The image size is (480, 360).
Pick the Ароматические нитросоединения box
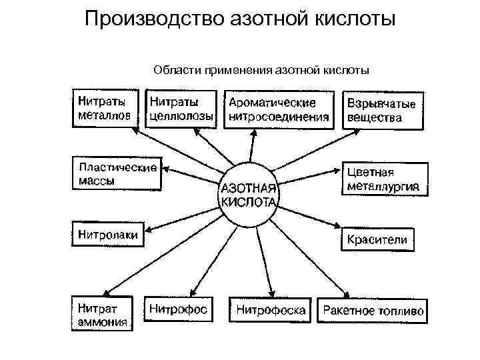click(279, 110)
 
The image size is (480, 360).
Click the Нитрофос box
click(178, 310)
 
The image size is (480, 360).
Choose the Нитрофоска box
click(271, 310)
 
